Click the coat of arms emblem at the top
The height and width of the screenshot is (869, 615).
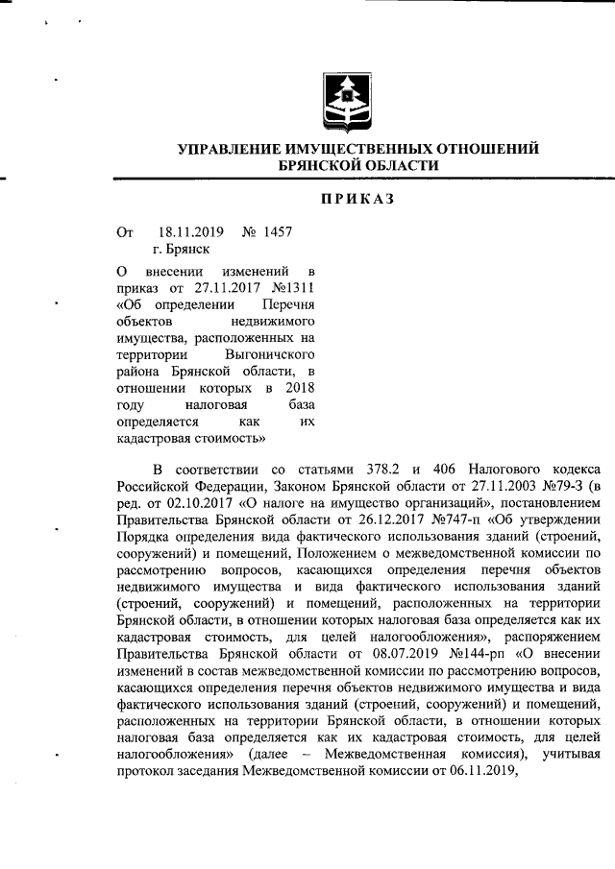point(344,99)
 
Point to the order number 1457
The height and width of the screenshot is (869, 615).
point(276,231)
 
